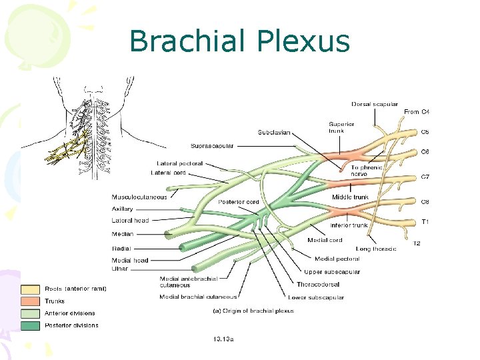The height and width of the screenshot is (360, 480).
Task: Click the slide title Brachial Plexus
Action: point(239,41)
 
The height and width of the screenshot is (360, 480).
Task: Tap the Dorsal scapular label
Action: point(375,104)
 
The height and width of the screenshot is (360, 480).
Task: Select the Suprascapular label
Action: point(211,146)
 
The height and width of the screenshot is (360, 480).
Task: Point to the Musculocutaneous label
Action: point(139,197)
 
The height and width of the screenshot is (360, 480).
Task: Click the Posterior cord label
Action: point(239,202)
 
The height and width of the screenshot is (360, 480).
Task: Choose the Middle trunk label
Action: point(350,197)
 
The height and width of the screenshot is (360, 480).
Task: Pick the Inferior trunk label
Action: point(349,225)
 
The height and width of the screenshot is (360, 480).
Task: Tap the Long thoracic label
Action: point(376,249)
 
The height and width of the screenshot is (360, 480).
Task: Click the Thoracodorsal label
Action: point(319,285)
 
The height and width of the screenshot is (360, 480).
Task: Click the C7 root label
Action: point(425,177)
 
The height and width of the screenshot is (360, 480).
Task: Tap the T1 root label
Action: point(424,221)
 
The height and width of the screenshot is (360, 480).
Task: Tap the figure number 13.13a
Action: point(223,339)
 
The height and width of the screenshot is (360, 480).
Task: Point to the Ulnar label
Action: point(120,269)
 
